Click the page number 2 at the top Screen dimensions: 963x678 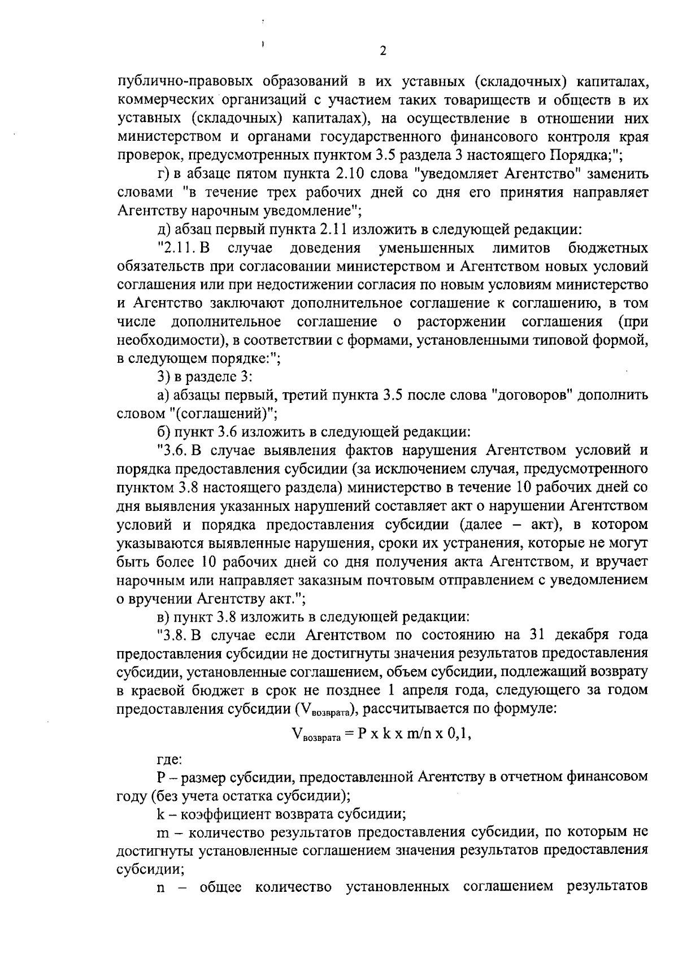[383, 51]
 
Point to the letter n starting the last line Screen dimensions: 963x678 [161, 888]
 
